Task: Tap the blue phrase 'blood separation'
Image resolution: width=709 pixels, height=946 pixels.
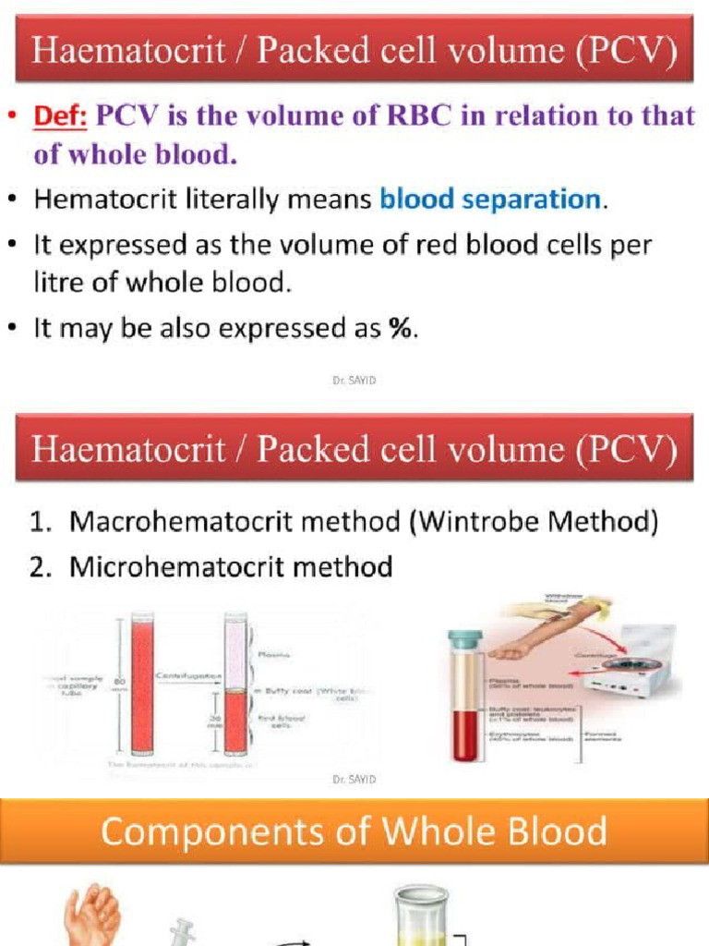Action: pyautogui.click(x=489, y=199)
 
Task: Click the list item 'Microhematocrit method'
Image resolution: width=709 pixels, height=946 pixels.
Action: pyautogui.click(x=231, y=566)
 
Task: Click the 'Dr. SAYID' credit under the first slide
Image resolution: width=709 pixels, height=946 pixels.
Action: pyautogui.click(x=354, y=379)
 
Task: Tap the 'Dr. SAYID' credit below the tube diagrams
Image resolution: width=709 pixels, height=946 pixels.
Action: pyautogui.click(x=354, y=780)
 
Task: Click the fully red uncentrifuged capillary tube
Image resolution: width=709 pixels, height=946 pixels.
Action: pyautogui.click(x=142, y=684)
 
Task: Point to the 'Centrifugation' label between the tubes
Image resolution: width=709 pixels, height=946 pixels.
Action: pyautogui.click(x=186, y=676)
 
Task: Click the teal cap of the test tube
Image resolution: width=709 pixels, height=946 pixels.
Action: pyautogui.click(x=465, y=637)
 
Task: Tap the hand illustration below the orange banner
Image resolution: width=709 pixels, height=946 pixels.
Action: pyautogui.click(x=92, y=915)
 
